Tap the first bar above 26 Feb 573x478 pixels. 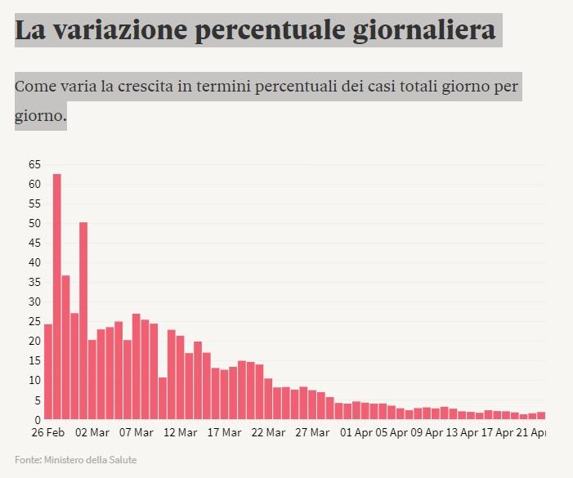coord(47,372)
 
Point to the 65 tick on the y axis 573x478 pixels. coord(34,164)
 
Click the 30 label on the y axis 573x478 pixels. coord(34,302)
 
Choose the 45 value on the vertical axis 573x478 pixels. coord(34,243)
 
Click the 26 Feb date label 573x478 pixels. coord(48,432)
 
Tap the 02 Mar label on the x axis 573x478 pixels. coord(92,432)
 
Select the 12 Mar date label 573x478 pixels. coord(180,432)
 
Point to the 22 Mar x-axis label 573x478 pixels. coord(268,432)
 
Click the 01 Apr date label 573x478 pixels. coord(356,432)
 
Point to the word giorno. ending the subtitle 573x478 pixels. coord(40,116)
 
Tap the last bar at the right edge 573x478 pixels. coord(541,415)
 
